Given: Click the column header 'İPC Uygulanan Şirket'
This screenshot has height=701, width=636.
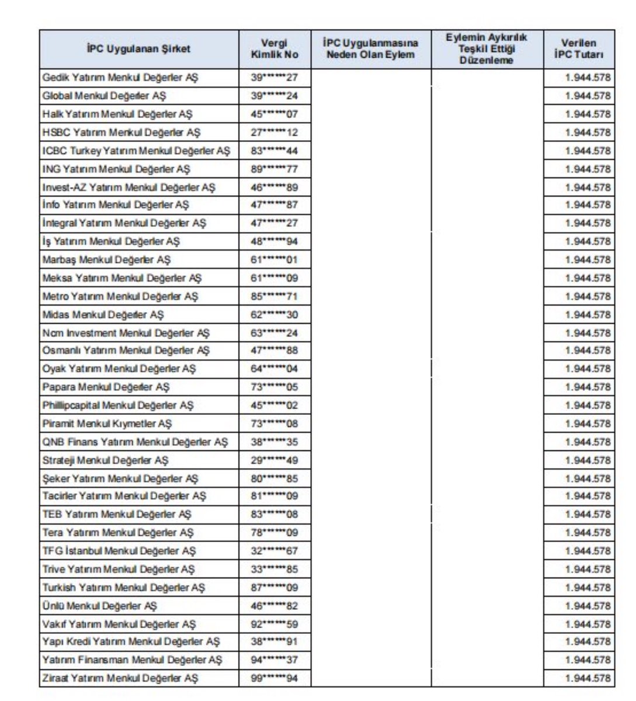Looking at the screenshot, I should [139, 49].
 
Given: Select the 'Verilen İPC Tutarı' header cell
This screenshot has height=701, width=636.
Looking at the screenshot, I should [578, 49].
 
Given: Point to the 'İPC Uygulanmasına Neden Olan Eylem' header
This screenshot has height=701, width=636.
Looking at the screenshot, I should [371, 49].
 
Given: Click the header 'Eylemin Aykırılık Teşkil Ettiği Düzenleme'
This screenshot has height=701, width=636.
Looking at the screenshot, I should [486, 49].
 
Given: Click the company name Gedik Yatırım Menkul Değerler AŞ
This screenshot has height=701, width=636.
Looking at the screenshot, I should [120, 77].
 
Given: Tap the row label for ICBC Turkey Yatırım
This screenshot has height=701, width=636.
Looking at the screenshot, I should [136, 151].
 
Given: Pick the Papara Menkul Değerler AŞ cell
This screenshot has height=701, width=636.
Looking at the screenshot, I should [106, 387].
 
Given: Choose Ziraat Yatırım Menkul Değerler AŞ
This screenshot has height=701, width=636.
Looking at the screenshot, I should [120, 678].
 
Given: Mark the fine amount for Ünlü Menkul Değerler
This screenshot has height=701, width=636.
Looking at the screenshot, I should [588, 606].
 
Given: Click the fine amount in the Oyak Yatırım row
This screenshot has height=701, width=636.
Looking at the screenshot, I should [588, 369].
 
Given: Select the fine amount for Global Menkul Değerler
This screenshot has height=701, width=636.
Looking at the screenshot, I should [588, 95].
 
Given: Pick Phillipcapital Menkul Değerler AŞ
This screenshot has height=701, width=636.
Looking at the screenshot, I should [117, 405].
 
